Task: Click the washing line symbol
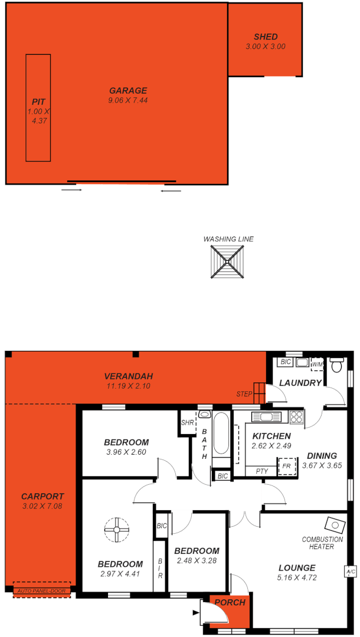click(228, 262)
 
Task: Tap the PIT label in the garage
click(38, 102)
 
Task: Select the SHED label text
click(266, 37)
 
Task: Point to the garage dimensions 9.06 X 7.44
click(128, 100)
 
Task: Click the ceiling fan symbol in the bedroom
click(116, 530)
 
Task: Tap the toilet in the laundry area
click(337, 365)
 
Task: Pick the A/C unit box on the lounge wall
click(351, 572)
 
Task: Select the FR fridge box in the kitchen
click(287, 466)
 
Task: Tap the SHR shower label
click(187, 423)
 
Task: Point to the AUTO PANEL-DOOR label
click(42, 590)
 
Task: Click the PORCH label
click(230, 602)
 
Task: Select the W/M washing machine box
click(318, 365)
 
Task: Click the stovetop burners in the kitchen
click(296, 417)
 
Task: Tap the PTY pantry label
click(261, 471)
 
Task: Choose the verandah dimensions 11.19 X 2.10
click(128, 386)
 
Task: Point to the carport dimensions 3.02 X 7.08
click(42, 506)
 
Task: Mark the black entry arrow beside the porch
click(196, 612)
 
